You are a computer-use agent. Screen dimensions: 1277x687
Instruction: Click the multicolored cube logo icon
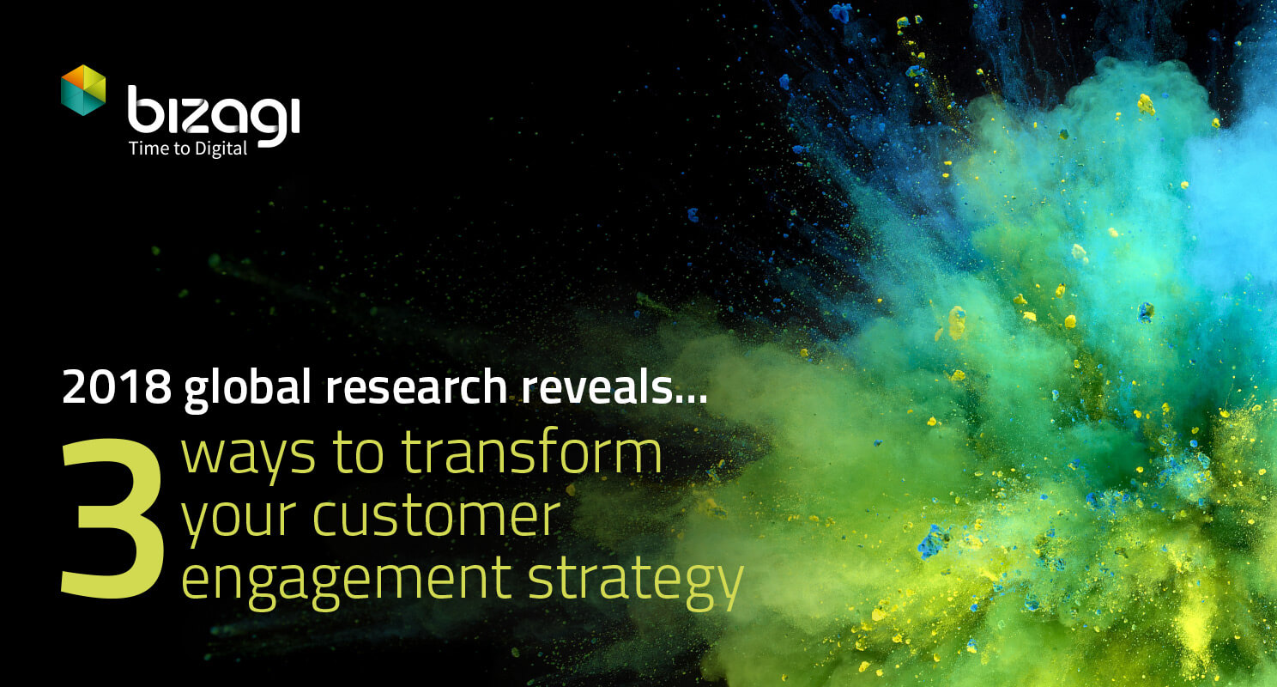pyautogui.click(x=83, y=90)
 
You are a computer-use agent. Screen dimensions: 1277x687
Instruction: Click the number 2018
pyautogui.click(x=117, y=386)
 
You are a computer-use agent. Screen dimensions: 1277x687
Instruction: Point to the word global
pyautogui.click(x=247, y=388)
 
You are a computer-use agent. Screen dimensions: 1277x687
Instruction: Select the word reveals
pyautogui.click(x=596, y=386)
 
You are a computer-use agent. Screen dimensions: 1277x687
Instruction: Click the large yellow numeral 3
pyautogui.click(x=112, y=518)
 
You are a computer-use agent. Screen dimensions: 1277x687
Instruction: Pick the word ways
pyautogui.click(x=248, y=456)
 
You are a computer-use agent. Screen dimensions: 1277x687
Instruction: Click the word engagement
pyautogui.click(x=347, y=582)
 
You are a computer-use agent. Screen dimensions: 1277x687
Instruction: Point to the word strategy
pyautogui.click(x=636, y=582)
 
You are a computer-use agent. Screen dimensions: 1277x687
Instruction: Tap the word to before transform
pyautogui.click(x=358, y=453)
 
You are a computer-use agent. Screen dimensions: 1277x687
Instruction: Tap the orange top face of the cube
pyautogui.click(x=83, y=75)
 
